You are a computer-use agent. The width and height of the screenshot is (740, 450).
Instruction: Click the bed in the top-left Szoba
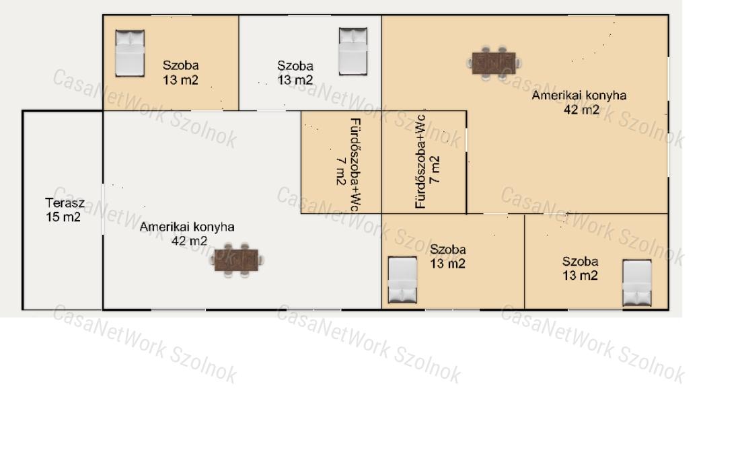tap(130, 53)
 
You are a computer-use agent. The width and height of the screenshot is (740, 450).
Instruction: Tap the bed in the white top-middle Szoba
tap(353, 51)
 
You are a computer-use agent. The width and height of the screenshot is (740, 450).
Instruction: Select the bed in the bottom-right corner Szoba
tap(637, 283)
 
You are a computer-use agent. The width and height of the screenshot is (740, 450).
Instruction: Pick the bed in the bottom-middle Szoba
tap(402, 280)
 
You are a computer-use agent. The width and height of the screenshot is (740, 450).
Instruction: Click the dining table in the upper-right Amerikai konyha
tap(494, 63)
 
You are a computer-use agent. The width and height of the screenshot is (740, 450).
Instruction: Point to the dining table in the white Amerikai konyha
tap(236, 260)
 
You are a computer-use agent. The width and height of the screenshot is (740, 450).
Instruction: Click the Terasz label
tap(65, 203)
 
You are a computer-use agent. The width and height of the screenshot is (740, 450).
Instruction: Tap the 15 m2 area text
tap(63, 217)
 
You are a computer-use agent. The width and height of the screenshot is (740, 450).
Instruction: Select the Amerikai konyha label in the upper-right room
tap(579, 96)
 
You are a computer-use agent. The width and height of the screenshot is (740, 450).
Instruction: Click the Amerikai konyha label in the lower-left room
tap(187, 227)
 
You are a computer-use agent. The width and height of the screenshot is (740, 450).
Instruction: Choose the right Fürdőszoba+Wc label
tap(420, 162)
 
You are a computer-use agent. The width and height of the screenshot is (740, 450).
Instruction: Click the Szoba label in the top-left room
tap(181, 65)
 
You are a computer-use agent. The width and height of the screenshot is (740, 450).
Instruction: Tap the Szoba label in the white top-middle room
tap(295, 65)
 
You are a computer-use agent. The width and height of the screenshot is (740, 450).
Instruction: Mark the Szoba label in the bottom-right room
tap(580, 261)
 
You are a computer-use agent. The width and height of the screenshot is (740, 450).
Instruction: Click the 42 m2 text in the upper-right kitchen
tap(581, 110)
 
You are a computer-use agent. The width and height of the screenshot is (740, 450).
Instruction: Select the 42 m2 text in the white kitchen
tap(189, 241)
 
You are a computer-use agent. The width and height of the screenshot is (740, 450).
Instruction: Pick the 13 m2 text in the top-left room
tap(181, 80)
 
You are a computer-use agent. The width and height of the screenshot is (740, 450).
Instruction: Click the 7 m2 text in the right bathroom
tap(435, 170)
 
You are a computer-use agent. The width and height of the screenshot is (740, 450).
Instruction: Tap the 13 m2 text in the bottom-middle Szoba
tap(448, 264)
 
